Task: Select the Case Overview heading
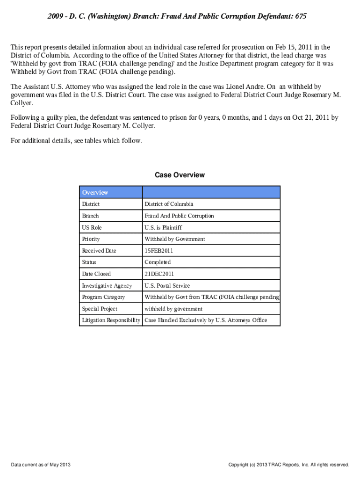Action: point(180,175)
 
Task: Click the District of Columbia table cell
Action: point(169,204)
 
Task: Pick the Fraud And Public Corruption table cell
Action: point(179,216)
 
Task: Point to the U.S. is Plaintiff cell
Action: point(163,227)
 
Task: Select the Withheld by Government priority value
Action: point(174,239)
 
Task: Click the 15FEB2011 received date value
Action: point(158,251)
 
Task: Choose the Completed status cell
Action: point(158,262)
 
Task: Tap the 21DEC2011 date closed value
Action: point(159,274)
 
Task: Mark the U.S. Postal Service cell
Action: point(167,285)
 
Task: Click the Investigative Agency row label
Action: point(107,285)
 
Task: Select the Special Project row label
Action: point(100,309)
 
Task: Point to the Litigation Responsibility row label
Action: point(111,320)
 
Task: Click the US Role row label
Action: point(92,227)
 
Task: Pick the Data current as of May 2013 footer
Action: point(41,464)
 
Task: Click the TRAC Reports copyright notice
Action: point(288,464)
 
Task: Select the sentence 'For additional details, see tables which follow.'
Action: point(76,140)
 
